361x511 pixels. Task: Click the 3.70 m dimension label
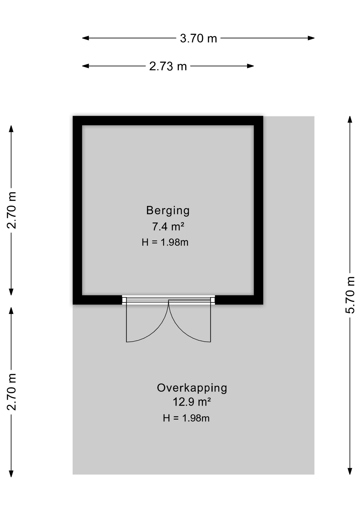198,38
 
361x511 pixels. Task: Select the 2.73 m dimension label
168,66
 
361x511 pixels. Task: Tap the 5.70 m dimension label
350,295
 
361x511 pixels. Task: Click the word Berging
168,211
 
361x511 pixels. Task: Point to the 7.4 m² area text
168,226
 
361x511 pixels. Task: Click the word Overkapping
192,388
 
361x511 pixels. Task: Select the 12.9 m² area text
192,402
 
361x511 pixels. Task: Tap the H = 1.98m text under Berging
165,242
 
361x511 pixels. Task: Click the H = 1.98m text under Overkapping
186,418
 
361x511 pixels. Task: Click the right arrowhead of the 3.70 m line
311,38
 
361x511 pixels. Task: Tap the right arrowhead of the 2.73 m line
250,66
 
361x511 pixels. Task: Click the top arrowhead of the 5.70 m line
350,119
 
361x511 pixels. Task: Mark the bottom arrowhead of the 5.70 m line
350,471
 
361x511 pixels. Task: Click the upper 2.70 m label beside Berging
12,210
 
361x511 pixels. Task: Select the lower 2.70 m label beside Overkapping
12,392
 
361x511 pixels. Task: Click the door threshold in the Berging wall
168,300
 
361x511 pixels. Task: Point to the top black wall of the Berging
168,121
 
